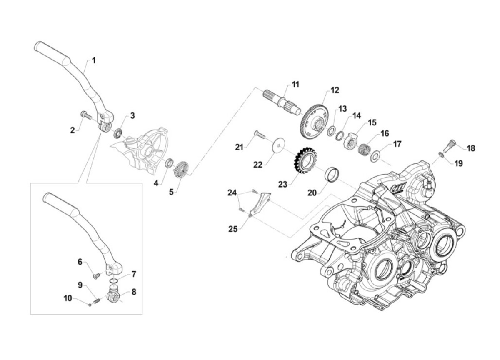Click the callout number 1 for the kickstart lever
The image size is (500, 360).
point(94,60)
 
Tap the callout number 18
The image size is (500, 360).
point(470,148)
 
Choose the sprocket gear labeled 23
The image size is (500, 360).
point(304,162)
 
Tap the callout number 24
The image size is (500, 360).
point(232,192)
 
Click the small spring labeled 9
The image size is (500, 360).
point(96,299)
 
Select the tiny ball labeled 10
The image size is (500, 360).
point(90,304)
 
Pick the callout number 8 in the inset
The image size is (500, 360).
point(134,292)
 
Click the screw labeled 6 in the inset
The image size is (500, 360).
point(97,275)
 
